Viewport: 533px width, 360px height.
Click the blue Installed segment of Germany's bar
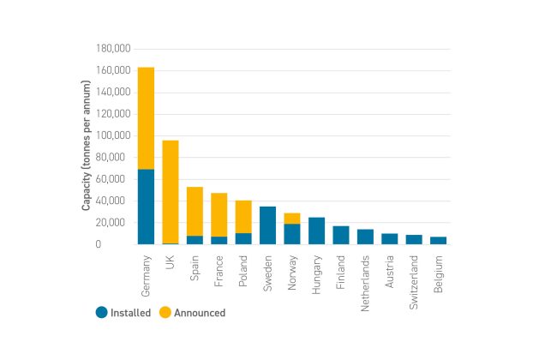[x=146, y=207]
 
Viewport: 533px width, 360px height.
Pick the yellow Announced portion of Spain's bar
[x=195, y=211]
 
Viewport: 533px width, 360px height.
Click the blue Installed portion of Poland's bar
[x=243, y=238]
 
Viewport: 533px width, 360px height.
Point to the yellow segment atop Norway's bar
[x=292, y=219]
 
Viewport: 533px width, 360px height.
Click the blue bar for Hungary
[x=317, y=231]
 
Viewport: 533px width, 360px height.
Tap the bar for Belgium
[x=439, y=240]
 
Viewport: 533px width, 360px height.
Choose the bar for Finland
[x=341, y=235]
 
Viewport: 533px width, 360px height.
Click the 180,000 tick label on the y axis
[x=109, y=49]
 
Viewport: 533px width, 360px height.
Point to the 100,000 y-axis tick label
[x=109, y=136]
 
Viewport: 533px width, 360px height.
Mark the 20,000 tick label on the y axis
[x=111, y=223]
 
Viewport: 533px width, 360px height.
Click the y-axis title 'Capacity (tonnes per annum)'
[x=87, y=146]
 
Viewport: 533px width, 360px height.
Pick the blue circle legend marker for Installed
[x=100, y=313]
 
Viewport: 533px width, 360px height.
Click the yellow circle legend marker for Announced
[x=166, y=313]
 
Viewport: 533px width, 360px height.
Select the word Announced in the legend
[x=200, y=313]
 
